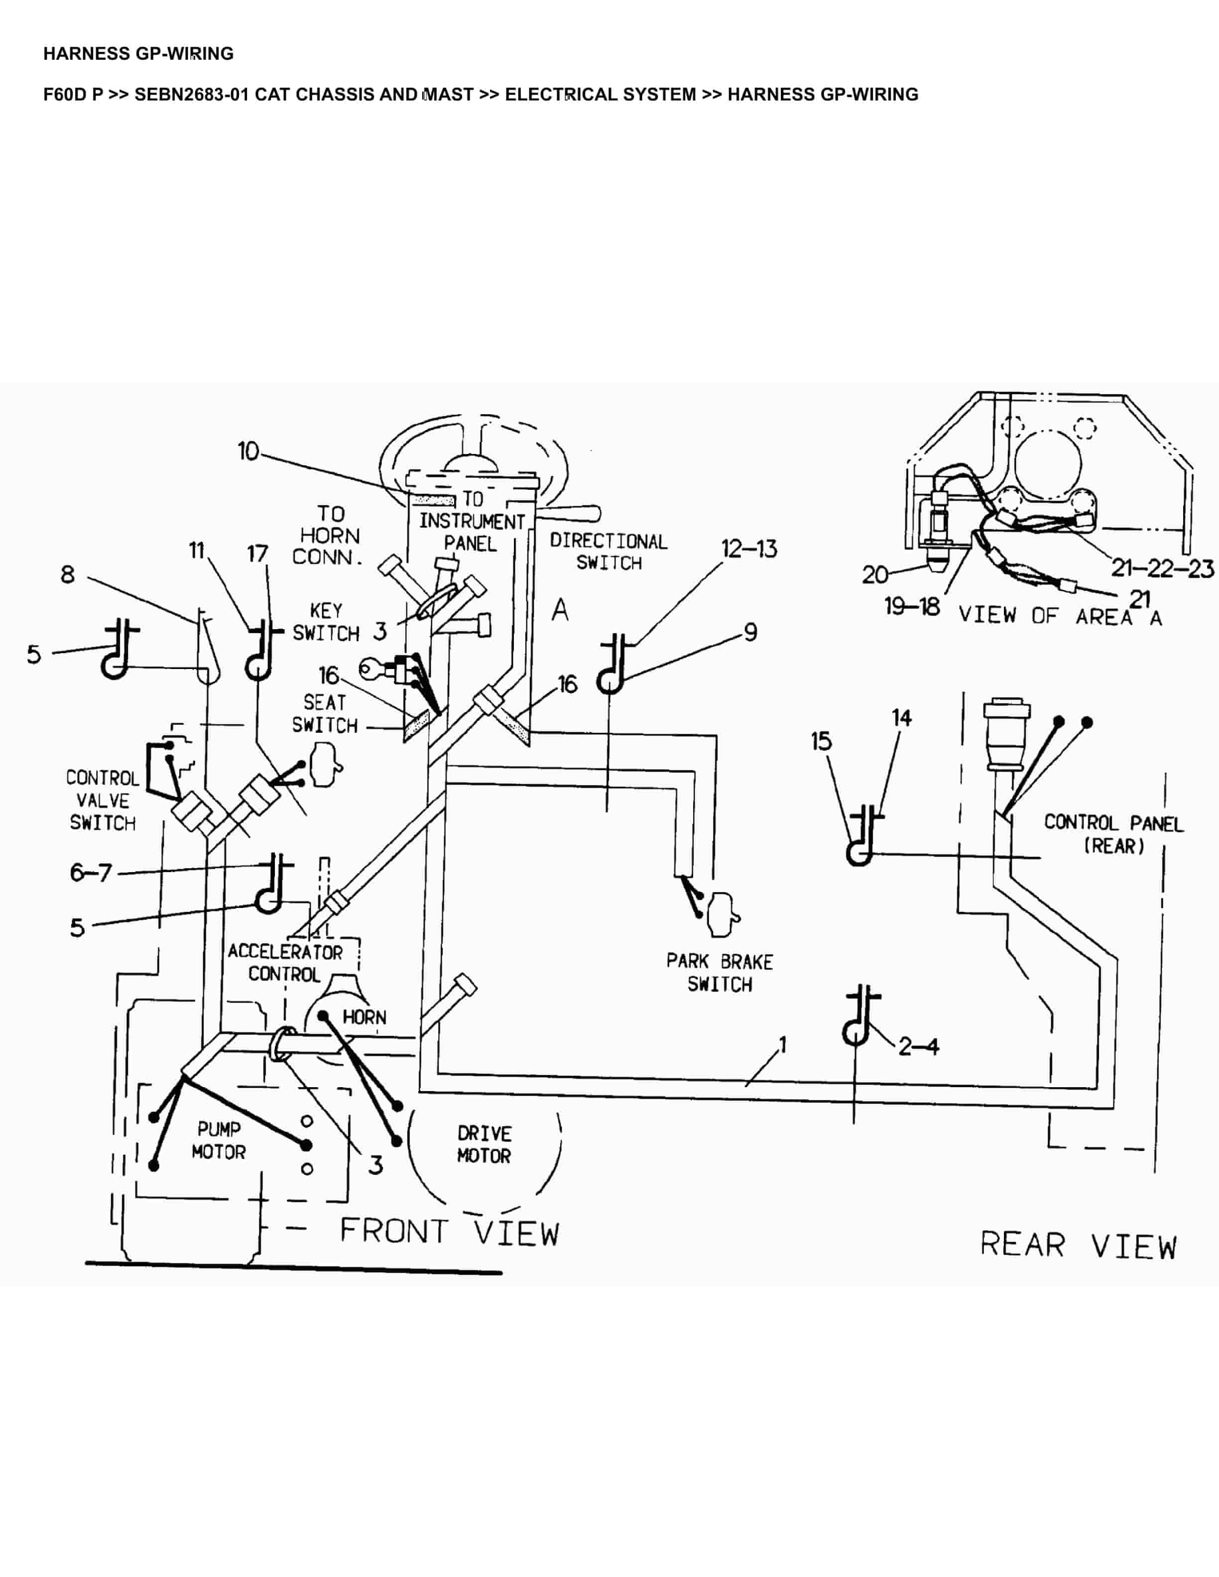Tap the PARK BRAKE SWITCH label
pos(719,973)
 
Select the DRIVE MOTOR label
pos(484,1144)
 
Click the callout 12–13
pos(749,549)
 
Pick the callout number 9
pos(750,633)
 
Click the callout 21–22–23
pos(1162,568)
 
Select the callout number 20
pos(874,575)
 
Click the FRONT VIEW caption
pos(449,1232)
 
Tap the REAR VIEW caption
pos(1078,1245)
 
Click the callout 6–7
pos(91,873)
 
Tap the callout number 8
pos(67,575)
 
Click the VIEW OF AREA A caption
pos(1059,616)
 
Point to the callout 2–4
pos(918,1046)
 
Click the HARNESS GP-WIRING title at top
pos(138,53)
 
